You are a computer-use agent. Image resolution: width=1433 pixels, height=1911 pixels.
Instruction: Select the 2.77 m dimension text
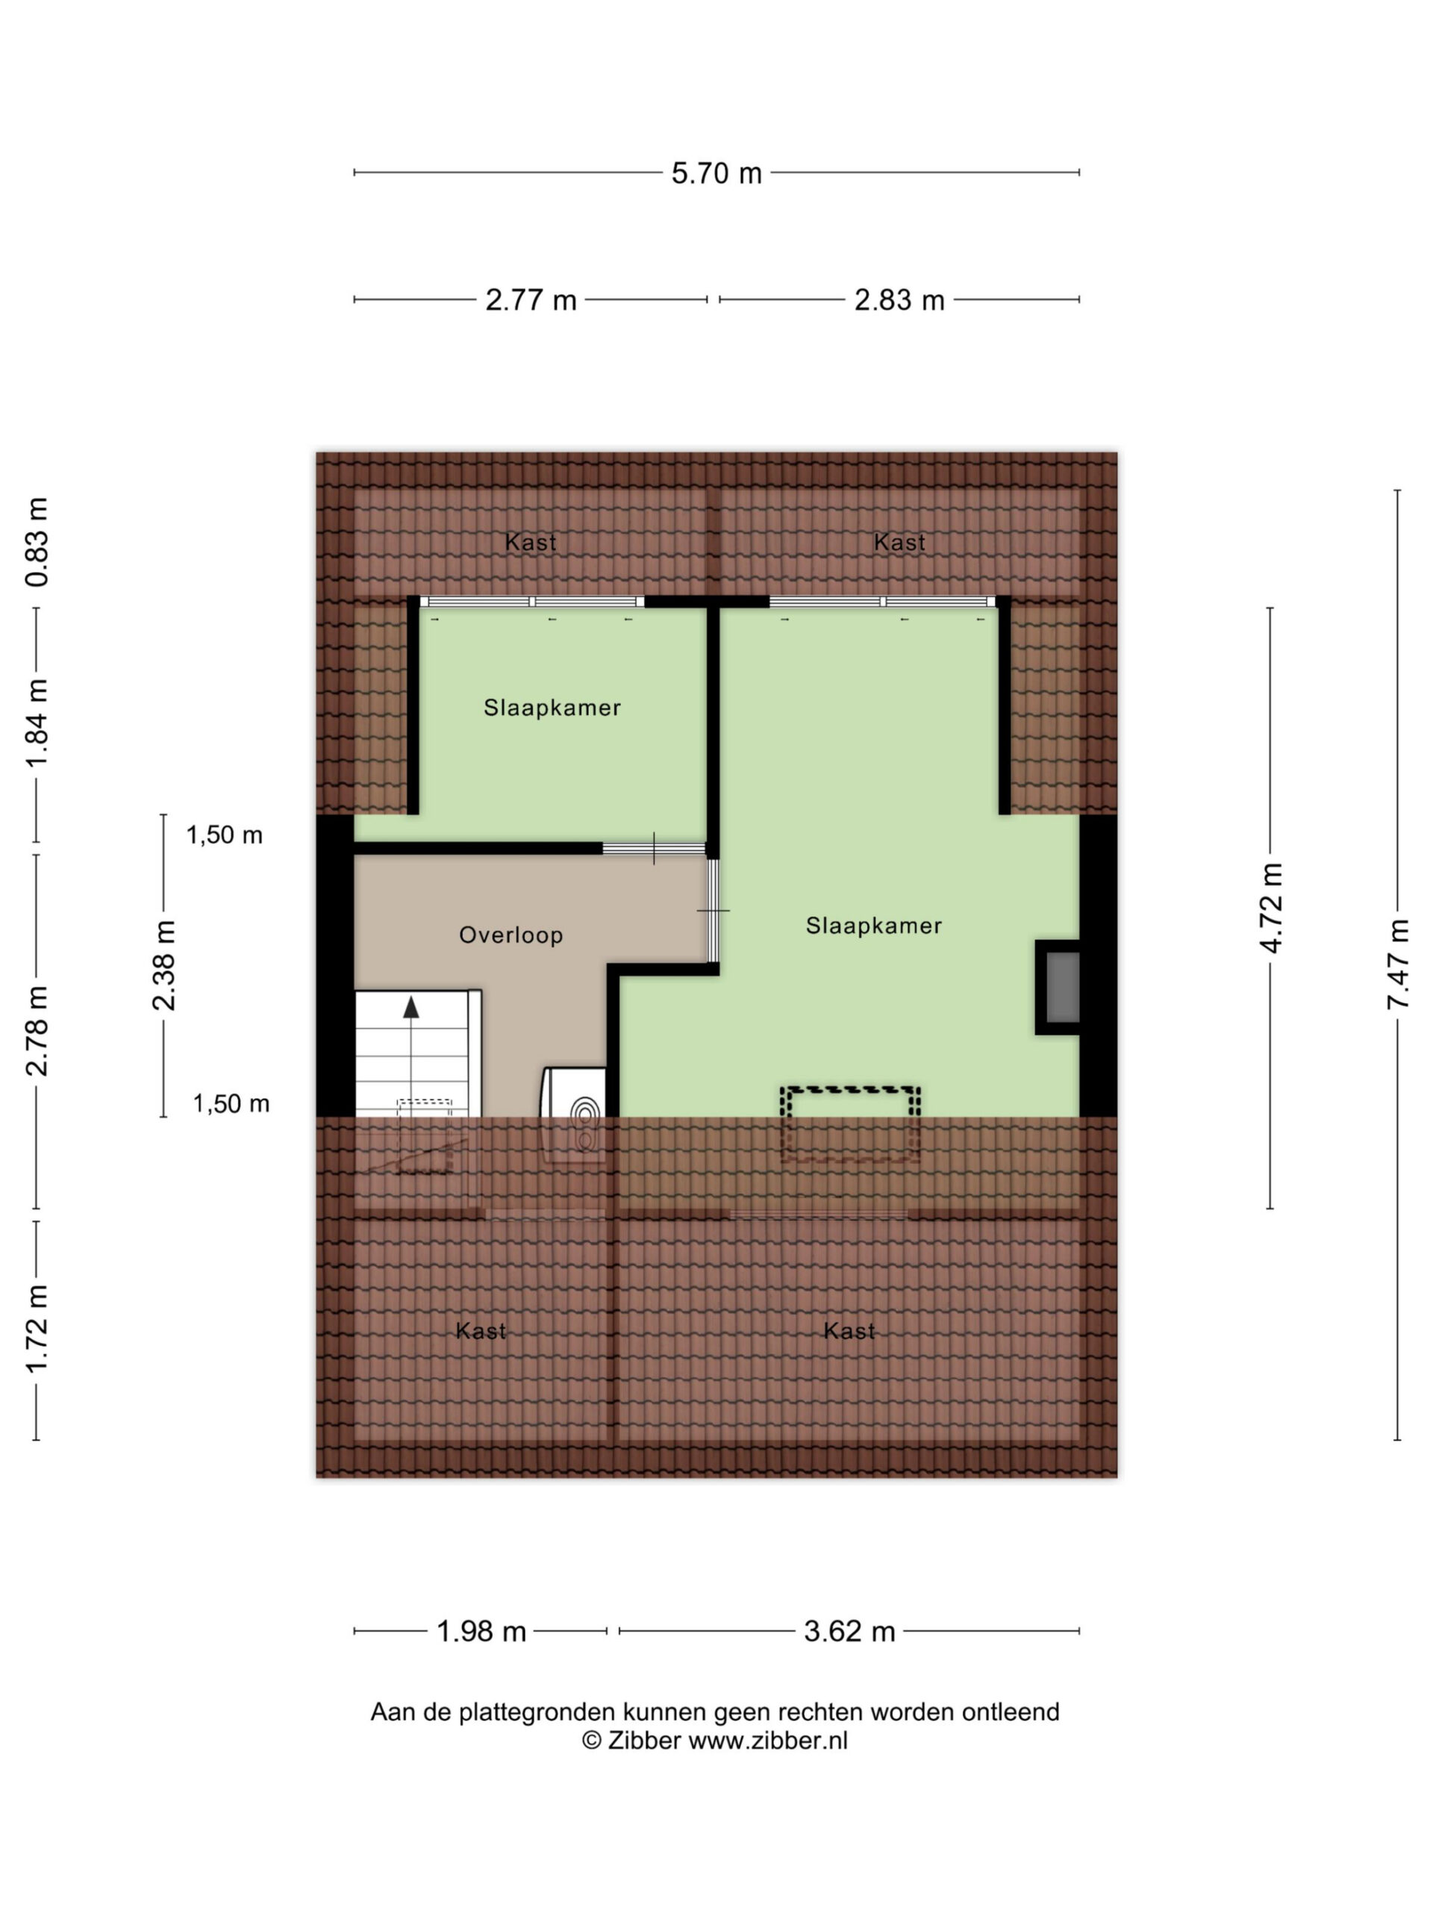(x=531, y=300)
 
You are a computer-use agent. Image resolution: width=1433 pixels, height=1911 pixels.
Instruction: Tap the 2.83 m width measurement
(x=899, y=300)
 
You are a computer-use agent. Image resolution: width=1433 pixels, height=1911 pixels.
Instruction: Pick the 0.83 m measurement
(x=37, y=543)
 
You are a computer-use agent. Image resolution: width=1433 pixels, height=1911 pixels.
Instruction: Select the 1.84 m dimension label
(x=37, y=723)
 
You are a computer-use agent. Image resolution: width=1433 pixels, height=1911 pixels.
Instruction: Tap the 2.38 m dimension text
(x=163, y=965)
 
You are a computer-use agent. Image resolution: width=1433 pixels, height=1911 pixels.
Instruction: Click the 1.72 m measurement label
(x=37, y=1328)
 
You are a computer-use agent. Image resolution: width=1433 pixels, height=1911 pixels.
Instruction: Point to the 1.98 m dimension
(x=481, y=1631)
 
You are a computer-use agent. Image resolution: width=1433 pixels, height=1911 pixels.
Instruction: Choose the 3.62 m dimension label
(x=849, y=1631)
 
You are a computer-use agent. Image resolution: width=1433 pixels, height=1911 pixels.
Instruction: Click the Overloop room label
(x=511, y=935)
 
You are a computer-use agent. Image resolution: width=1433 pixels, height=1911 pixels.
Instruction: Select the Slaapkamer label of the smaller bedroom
(x=552, y=708)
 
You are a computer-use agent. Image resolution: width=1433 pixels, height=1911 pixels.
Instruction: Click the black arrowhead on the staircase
(x=411, y=1006)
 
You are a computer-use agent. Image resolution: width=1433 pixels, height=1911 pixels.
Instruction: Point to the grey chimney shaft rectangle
(x=1063, y=987)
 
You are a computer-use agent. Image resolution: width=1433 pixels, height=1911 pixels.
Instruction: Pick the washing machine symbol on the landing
(x=572, y=1115)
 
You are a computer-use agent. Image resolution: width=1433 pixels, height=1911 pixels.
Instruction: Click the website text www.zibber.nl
(x=768, y=1741)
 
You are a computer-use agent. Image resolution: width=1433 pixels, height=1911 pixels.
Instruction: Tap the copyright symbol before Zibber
(x=592, y=1741)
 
